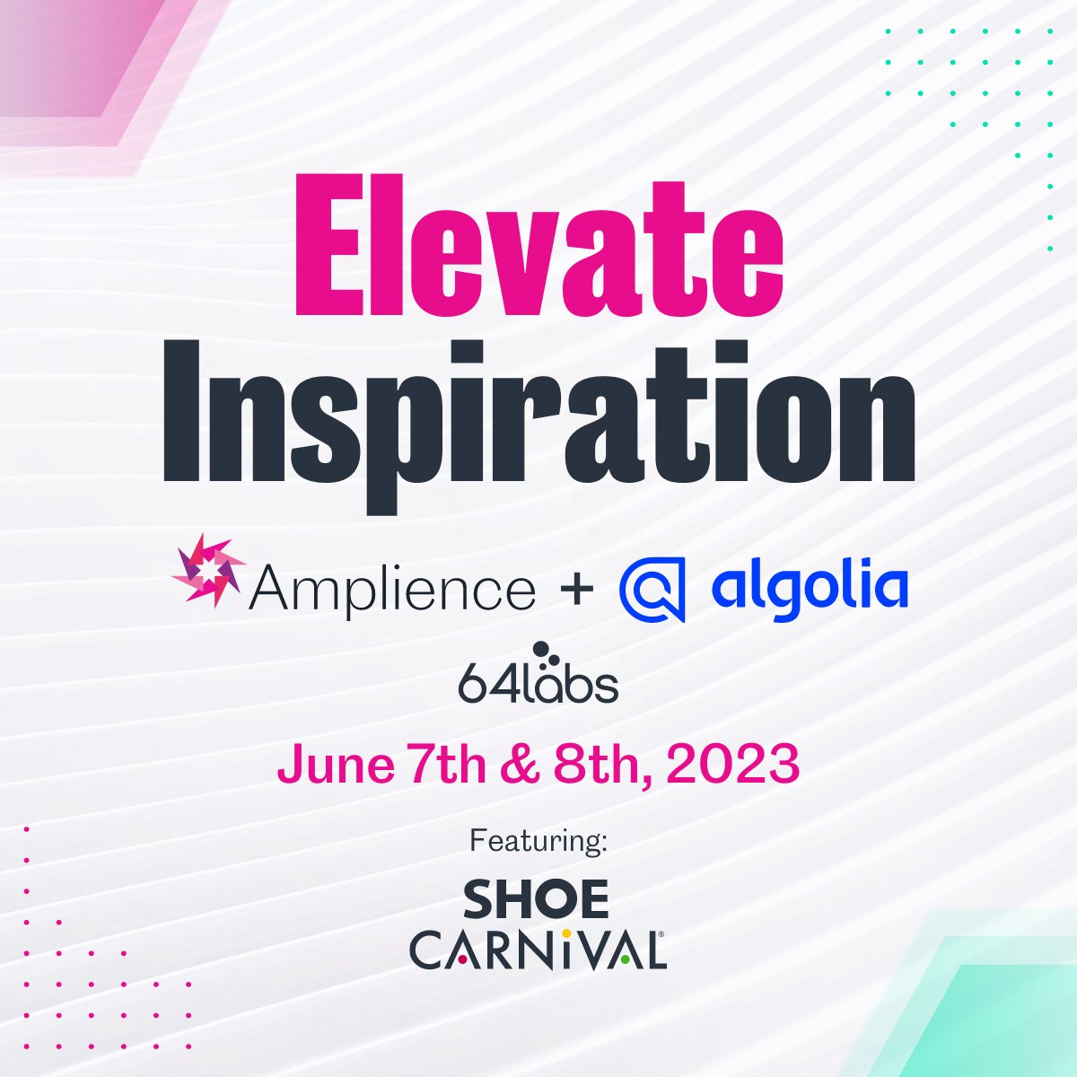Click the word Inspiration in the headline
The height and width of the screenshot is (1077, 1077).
(x=538, y=413)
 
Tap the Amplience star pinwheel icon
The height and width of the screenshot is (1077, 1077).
(x=208, y=570)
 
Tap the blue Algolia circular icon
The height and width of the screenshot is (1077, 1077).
(x=652, y=589)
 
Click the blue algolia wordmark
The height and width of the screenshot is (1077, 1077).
(x=809, y=588)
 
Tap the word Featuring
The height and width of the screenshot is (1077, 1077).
(x=538, y=842)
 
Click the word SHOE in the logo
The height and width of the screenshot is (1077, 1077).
(x=537, y=899)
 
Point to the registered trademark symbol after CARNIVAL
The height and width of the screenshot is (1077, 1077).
(x=661, y=934)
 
